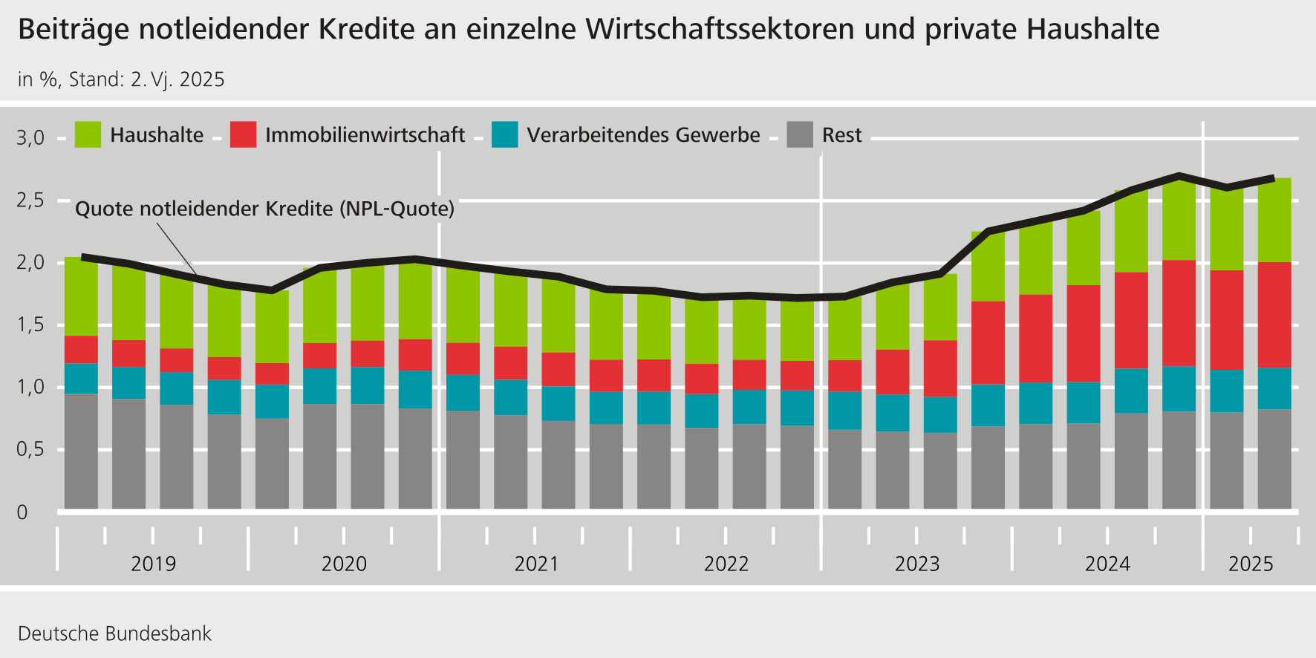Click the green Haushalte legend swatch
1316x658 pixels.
pos(88,134)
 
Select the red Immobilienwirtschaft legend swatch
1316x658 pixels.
pos(243,134)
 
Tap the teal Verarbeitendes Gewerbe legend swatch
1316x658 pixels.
pos(504,134)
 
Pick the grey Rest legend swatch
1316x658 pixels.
pos(800,134)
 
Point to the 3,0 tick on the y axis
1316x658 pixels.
pos(30,137)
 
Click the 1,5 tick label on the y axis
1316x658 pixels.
pos(30,325)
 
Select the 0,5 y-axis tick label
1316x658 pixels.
pos(30,449)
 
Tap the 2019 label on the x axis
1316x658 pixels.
pos(153,564)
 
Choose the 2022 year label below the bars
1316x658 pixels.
pos(726,564)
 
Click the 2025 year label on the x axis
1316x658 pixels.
pos(1251,564)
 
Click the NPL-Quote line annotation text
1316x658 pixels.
pos(264,209)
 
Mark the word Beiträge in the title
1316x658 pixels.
pos(72,30)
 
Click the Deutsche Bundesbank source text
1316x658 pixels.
pos(114,633)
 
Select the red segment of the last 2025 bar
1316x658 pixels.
pos(1274,315)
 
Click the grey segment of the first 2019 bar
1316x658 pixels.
pos(81,451)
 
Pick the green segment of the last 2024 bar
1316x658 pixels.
pos(1179,220)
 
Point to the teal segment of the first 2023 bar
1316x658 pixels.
pos(844,410)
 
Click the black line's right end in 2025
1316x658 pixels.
pos(1273,178)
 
